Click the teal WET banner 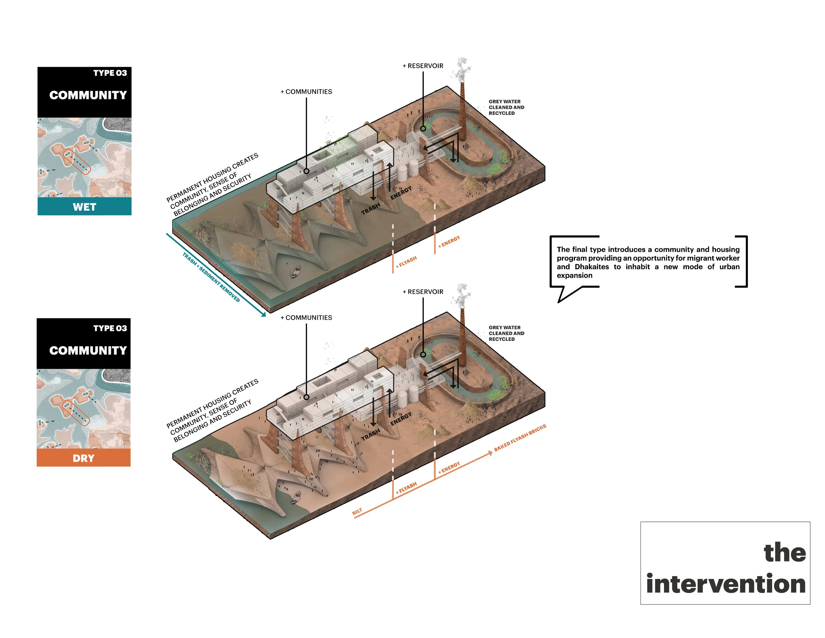point(84,206)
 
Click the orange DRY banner point(83,458)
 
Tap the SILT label point(357,512)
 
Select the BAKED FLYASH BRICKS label point(520,437)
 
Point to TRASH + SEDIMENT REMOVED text point(211,277)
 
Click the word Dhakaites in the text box point(592,266)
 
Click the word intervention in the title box point(726,584)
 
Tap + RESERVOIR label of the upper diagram point(423,66)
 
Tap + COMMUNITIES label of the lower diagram point(306,317)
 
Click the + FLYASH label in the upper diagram point(406,262)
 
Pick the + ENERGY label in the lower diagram point(449,467)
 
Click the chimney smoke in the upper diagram point(462,70)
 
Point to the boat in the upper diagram point(296,271)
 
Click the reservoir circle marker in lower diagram point(423,354)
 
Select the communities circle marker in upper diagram point(306,171)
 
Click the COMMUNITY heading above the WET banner point(88,95)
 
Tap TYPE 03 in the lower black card point(110,328)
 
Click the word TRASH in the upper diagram point(371,209)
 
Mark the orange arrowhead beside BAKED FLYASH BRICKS point(490,453)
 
